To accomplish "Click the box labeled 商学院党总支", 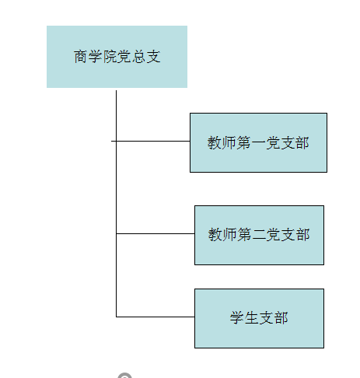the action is (117, 57).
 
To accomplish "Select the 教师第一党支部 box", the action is (258, 142).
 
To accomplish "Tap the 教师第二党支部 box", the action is (259, 235).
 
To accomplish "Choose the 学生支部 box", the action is (259, 318).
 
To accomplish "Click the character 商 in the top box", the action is (80, 57).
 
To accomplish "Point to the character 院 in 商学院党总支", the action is (110, 57).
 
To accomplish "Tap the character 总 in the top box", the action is (138, 57).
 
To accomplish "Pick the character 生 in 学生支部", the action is (251, 318).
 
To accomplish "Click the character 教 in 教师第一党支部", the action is (214, 143).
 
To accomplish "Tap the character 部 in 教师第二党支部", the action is (303, 235).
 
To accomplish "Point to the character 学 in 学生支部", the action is (236, 318).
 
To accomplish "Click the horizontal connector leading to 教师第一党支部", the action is (151, 141).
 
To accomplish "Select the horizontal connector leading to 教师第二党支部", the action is (156, 233).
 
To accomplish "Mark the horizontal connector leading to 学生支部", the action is (156, 317).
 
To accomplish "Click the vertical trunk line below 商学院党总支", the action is (116, 204).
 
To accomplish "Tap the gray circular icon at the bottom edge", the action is (124, 376).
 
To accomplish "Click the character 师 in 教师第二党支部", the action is (229, 235).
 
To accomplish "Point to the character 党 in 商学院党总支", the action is (124, 57).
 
